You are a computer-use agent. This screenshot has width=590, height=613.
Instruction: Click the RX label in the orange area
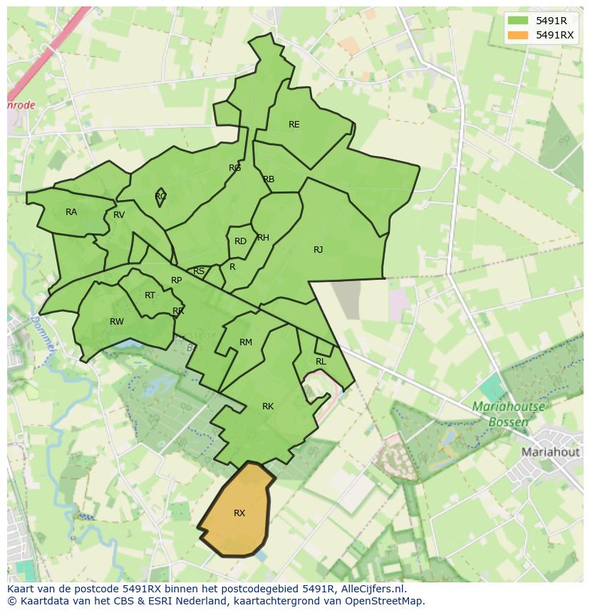tap(239, 513)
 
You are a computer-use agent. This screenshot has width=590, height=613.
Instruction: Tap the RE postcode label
tap(294, 125)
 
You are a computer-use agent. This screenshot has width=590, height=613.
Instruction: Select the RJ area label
tap(318, 250)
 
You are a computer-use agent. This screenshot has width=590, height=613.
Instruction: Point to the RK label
tap(268, 407)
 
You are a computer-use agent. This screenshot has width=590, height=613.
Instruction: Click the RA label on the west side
tap(71, 212)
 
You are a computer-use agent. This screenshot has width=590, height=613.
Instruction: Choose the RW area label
tap(117, 322)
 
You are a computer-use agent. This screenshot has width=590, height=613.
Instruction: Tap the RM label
tap(246, 342)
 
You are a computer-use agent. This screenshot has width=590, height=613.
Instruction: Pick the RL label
tap(321, 362)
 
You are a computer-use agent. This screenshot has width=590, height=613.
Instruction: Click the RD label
tap(240, 241)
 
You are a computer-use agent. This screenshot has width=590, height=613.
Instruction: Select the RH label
tap(263, 238)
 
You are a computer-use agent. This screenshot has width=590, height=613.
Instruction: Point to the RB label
tap(269, 179)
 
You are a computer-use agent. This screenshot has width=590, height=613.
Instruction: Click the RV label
tap(119, 215)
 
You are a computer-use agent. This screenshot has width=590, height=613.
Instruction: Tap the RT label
tap(150, 295)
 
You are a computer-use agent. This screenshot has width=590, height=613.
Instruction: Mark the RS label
tap(199, 271)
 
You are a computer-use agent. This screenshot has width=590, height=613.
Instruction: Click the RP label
tap(176, 281)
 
